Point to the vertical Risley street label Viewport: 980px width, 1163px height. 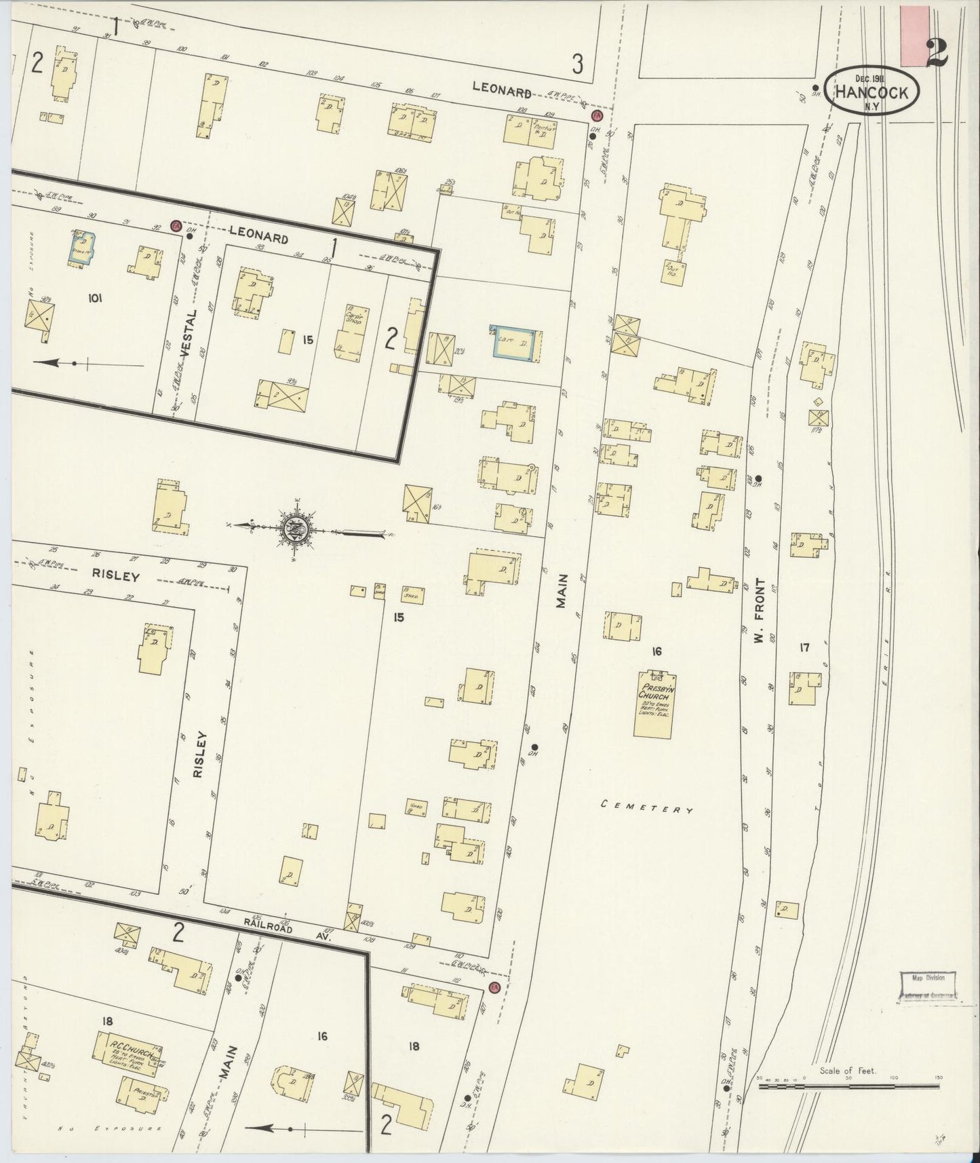click(199, 754)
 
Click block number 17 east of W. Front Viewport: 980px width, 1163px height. click(804, 648)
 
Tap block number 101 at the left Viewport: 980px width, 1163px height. click(94, 297)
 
